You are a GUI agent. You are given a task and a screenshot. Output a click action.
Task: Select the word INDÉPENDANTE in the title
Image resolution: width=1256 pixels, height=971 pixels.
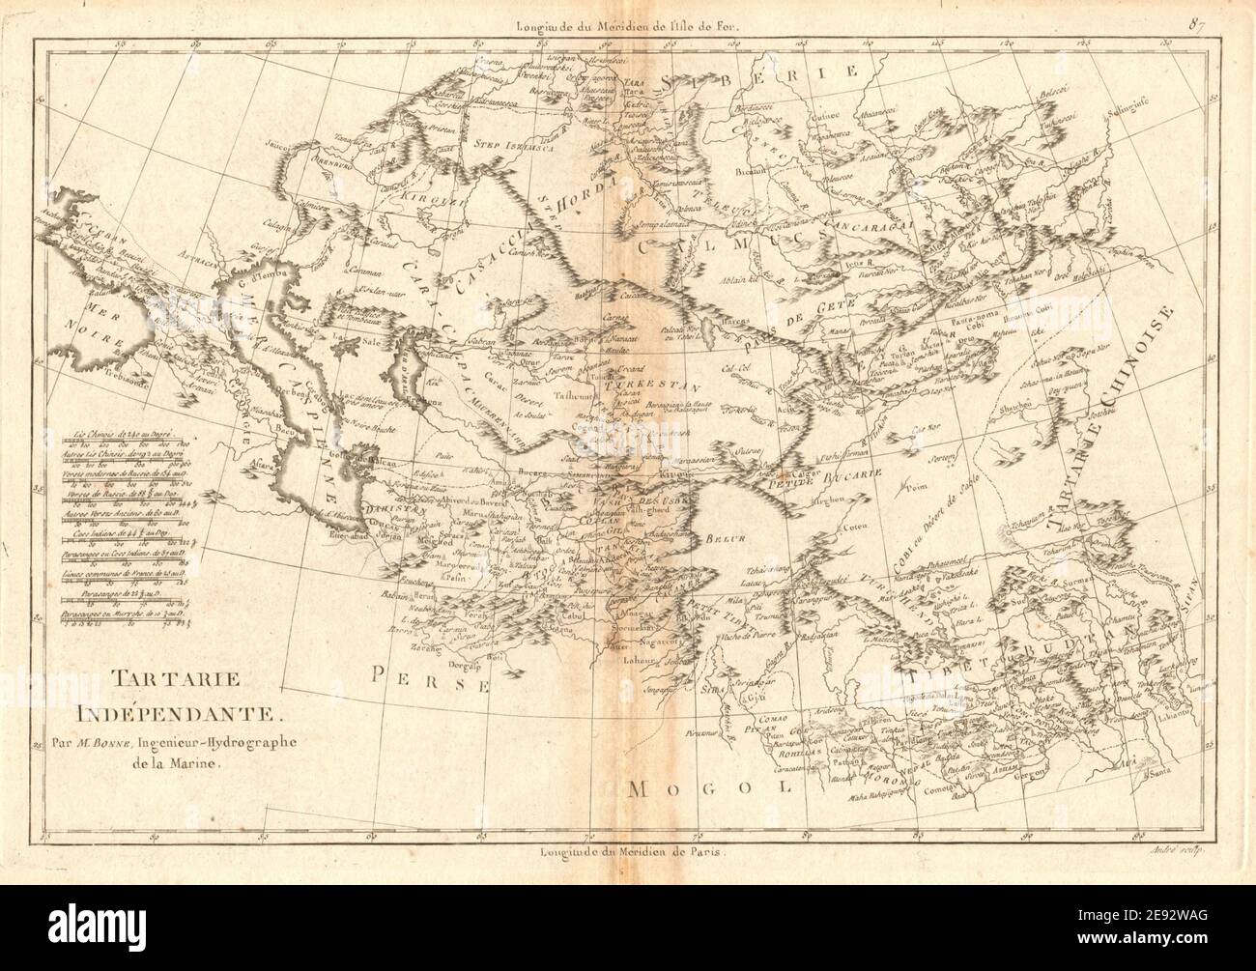click(170, 716)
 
